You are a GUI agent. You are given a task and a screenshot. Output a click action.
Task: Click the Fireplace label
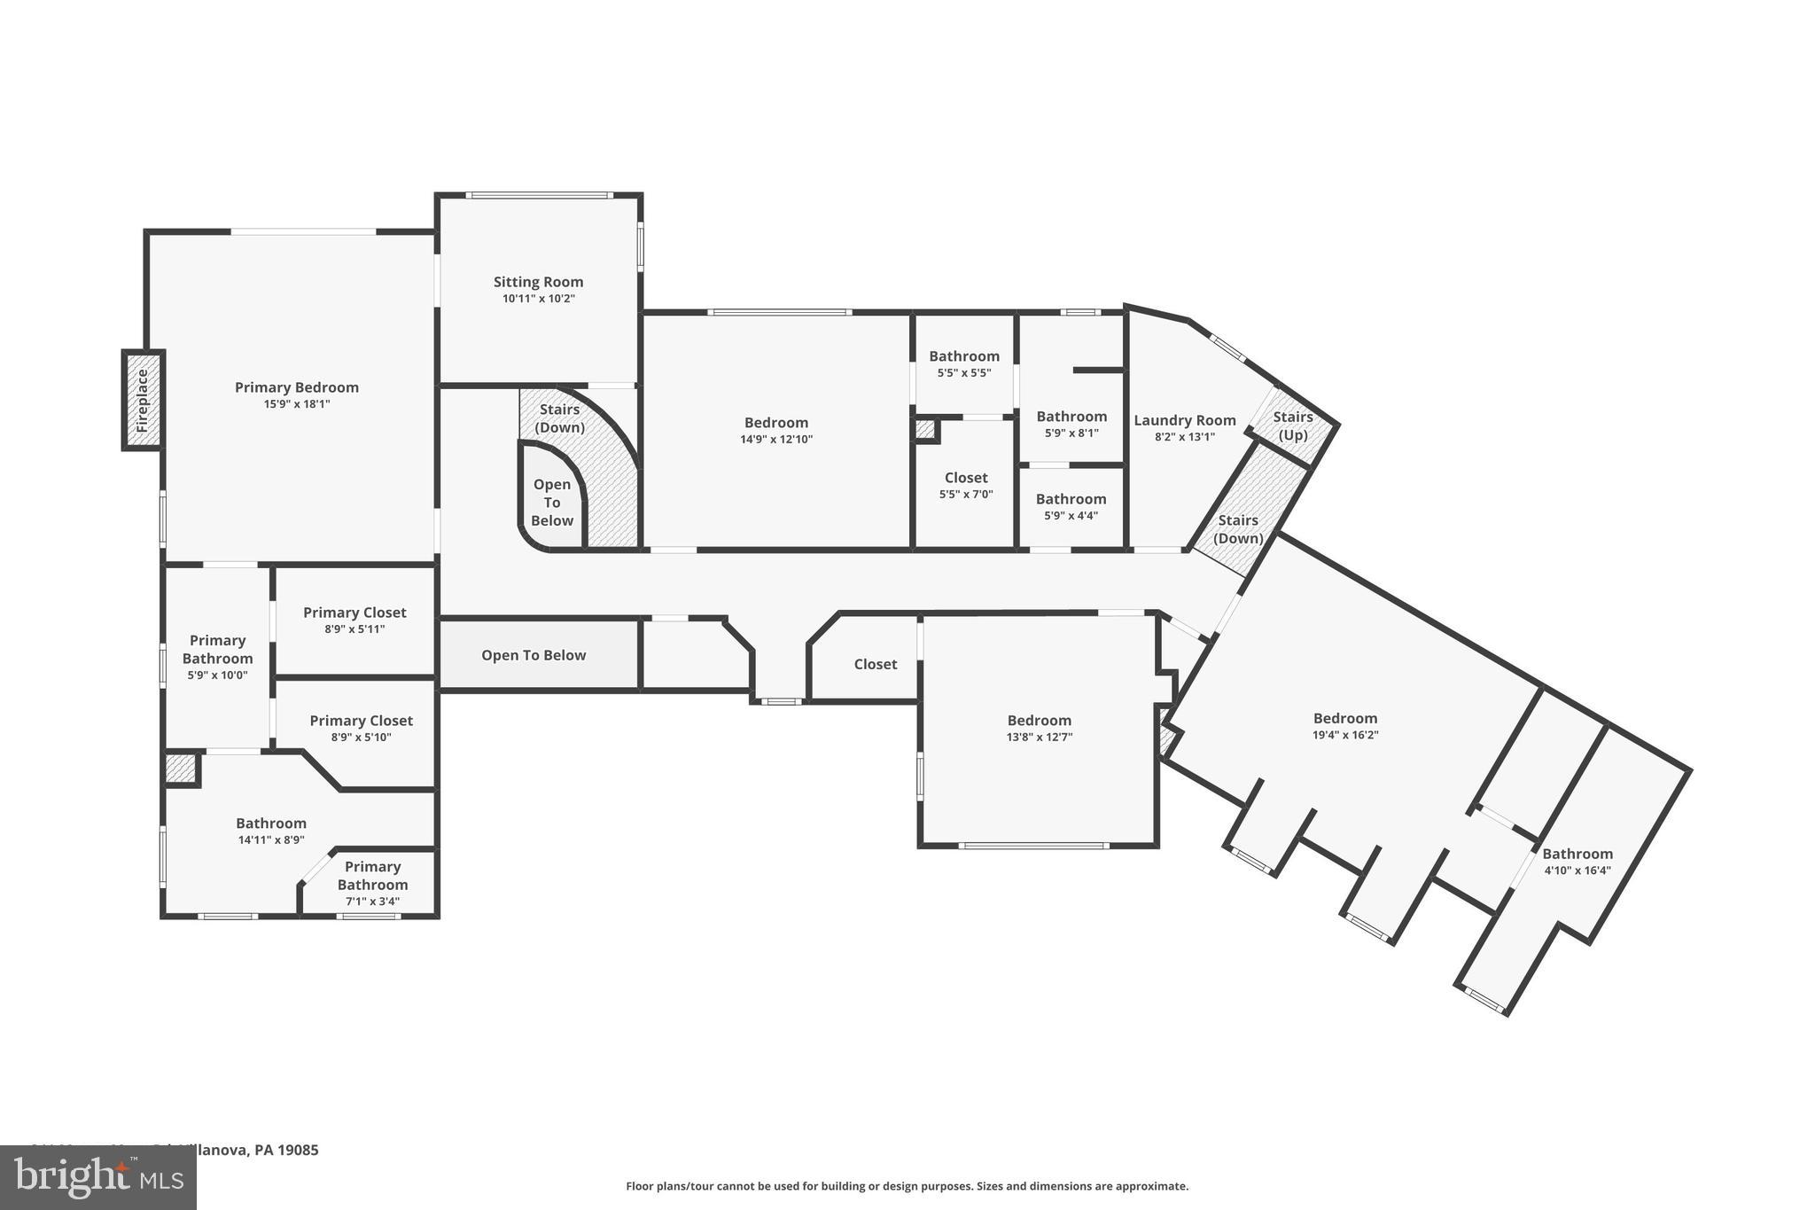tap(143, 401)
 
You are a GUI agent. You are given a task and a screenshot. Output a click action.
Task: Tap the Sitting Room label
tap(538, 282)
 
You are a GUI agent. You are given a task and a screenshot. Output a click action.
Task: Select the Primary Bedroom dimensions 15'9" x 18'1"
tap(296, 404)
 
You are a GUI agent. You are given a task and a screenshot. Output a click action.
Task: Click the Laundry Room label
tap(1184, 420)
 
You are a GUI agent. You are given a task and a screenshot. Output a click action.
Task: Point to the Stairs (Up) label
tap(1293, 425)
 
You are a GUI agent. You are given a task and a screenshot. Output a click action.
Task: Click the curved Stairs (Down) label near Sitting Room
tap(559, 418)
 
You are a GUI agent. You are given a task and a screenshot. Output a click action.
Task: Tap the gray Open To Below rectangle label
tap(534, 655)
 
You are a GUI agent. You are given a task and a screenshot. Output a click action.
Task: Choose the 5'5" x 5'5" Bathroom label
tap(964, 356)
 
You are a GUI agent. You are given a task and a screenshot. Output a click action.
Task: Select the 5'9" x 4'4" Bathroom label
tap(1071, 499)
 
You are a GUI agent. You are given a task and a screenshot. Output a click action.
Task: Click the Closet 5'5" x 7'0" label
tap(965, 478)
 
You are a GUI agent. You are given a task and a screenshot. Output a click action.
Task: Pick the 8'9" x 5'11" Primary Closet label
tap(354, 613)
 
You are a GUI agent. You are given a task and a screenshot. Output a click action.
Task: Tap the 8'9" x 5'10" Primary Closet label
tap(361, 721)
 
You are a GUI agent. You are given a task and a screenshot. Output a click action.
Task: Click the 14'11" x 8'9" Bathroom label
tap(270, 824)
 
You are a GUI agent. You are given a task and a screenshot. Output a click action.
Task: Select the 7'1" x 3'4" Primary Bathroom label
tap(372, 876)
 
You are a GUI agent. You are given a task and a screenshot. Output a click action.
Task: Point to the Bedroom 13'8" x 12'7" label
tap(1039, 721)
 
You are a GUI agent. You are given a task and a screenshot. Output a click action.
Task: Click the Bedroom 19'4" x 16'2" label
tap(1344, 719)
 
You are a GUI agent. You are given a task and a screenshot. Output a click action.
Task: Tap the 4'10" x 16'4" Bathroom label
tap(1577, 855)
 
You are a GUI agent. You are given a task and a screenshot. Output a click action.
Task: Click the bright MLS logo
tap(97, 1177)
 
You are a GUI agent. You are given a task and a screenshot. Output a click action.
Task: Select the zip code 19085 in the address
tap(299, 1151)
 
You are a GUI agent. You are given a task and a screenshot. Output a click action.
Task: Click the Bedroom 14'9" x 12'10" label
tap(775, 423)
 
